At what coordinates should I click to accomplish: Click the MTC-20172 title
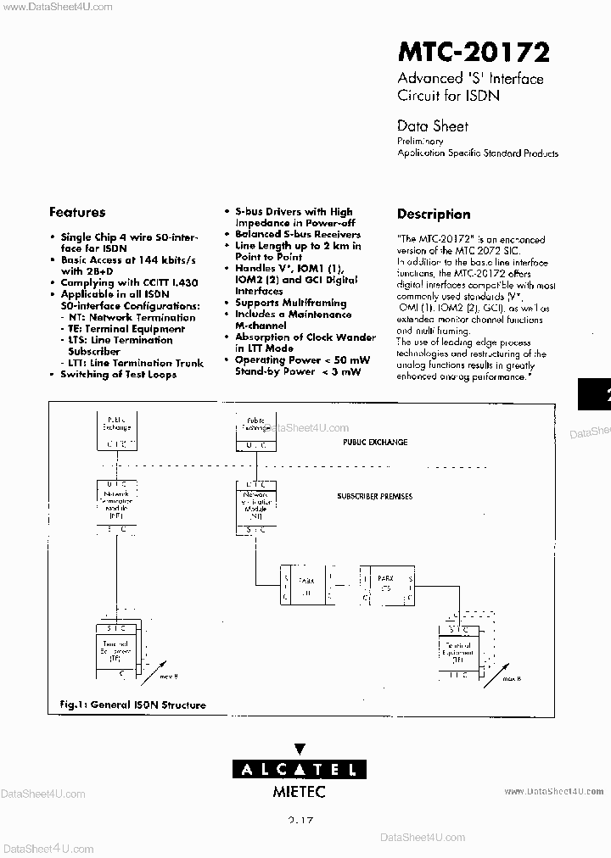[474, 53]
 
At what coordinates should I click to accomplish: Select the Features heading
[77, 213]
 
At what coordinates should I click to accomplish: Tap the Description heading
[433, 214]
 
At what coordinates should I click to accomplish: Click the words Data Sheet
[432, 125]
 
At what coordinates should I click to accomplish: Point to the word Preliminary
[420, 142]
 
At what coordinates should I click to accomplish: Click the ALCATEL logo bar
[300, 770]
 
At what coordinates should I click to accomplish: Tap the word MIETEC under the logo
[299, 792]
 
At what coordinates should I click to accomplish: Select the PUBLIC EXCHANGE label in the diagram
[375, 443]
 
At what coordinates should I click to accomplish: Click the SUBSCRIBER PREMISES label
[374, 496]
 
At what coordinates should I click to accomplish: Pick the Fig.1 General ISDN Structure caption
[132, 705]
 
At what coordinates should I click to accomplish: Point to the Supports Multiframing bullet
[290, 303]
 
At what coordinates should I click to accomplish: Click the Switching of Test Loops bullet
[118, 374]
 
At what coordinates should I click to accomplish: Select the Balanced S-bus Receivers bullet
[297, 234]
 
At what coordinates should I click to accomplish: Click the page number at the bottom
[300, 821]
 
